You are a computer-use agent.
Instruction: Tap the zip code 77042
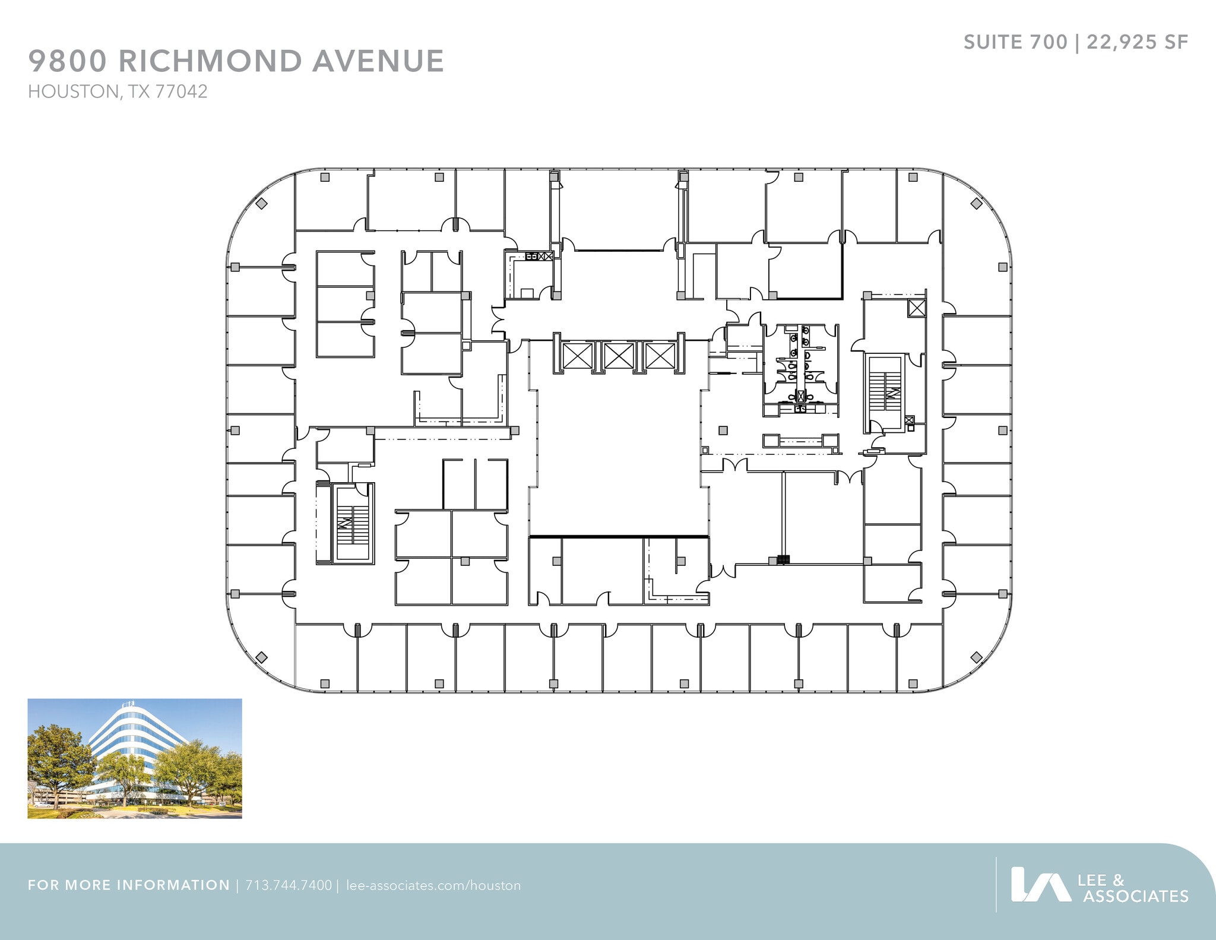pos(181,91)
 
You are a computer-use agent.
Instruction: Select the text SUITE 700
pos(1015,42)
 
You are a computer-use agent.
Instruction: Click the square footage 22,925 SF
pos(1137,42)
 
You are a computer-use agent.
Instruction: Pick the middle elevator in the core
pos(619,356)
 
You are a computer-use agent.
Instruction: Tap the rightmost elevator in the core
pos(660,356)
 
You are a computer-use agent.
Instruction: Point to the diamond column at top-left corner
pos(261,204)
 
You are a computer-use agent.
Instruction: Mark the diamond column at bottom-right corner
pos(976,657)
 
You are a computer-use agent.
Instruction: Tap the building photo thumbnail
pos(135,758)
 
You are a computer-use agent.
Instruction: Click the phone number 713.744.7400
pos(289,885)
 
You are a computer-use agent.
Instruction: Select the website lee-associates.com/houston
pos(433,885)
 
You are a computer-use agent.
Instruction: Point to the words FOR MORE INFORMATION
pos(129,885)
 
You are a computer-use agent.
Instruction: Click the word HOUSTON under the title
pos(73,91)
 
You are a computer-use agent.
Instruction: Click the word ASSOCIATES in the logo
pos(1135,896)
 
